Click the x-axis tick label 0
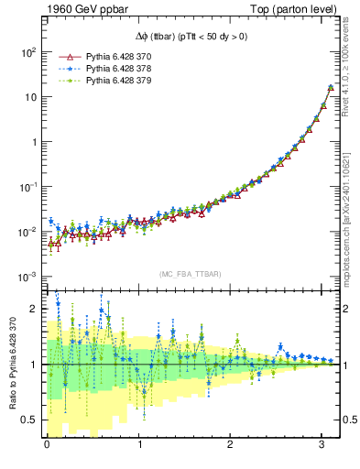click(x=47, y=445)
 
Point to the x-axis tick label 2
click(x=231, y=445)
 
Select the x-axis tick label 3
click(x=322, y=445)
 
